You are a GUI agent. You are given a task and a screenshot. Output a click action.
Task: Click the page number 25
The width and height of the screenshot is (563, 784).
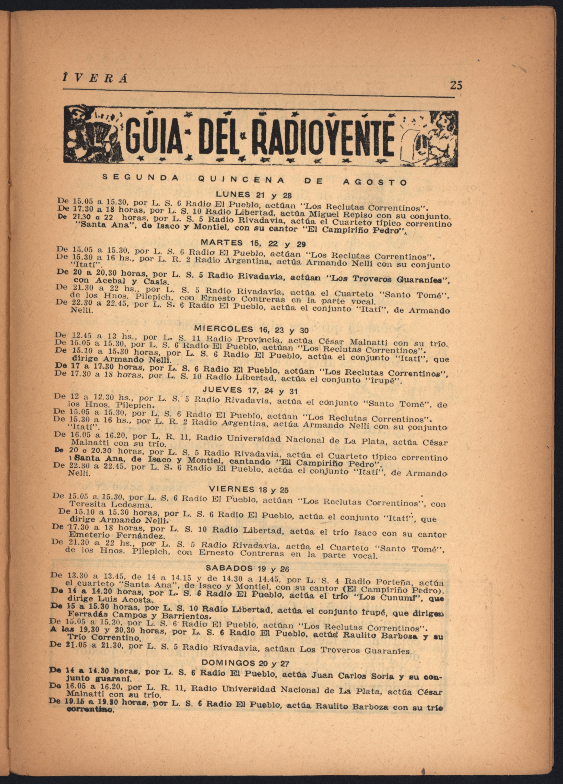[456, 85]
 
